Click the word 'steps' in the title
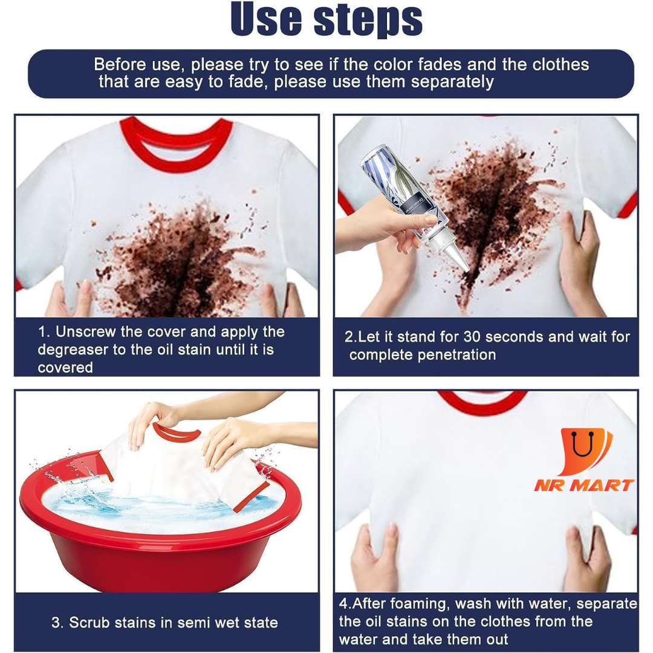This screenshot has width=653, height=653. [x=368, y=21]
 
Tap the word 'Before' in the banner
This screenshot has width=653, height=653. [x=120, y=65]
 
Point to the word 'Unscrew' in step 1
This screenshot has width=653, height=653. [x=86, y=332]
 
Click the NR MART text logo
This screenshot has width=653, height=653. [x=584, y=486]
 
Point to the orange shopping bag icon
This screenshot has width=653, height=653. [x=584, y=450]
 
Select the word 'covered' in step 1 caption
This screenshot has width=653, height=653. [x=65, y=368]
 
